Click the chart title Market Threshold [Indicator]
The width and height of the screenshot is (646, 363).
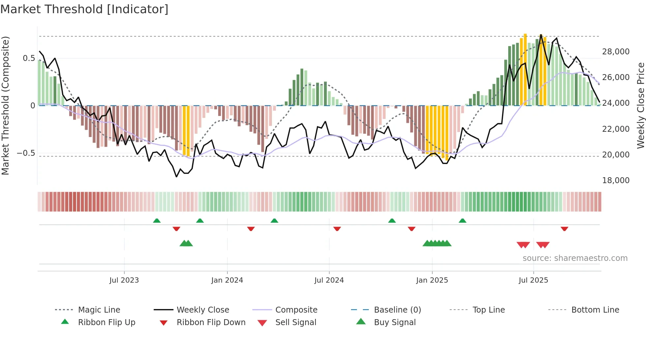click(x=84, y=9)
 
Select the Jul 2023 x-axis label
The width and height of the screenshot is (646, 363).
click(x=124, y=280)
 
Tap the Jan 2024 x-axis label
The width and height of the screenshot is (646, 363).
click(x=227, y=280)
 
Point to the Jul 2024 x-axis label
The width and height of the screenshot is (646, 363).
click(x=329, y=280)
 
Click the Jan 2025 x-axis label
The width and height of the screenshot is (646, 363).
click(x=432, y=280)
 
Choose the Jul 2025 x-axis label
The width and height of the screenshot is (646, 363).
click(x=533, y=280)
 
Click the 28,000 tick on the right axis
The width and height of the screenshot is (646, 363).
click(x=616, y=52)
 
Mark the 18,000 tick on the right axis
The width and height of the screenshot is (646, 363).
click(x=616, y=181)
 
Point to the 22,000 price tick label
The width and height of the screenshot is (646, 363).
click(x=616, y=129)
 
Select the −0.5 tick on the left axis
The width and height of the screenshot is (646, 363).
click(x=26, y=153)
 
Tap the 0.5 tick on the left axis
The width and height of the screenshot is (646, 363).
click(x=29, y=58)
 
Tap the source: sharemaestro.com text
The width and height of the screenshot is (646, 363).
click(x=575, y=258)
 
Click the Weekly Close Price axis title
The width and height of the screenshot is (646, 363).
click(x=640, y=105)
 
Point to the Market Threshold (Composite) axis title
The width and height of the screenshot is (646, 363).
click(x=5, y=105)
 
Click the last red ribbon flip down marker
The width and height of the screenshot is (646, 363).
click(x=564, y=229)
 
